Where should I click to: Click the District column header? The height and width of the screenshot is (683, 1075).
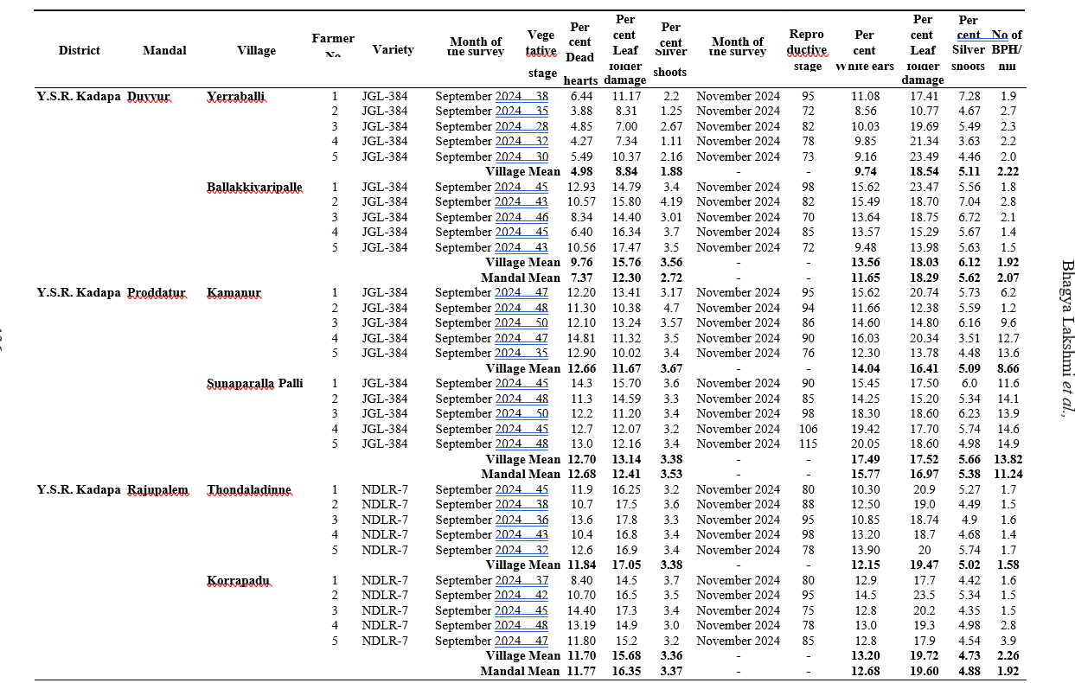coord(80,50)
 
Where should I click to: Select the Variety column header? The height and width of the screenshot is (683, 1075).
coord(393,50)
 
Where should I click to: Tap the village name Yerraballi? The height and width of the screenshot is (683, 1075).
coord(235,96)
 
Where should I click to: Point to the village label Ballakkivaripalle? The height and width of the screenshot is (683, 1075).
coord(254,187)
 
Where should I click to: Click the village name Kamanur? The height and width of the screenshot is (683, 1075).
coord(234,293)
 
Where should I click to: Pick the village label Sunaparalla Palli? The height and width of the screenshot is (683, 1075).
coord(254,383)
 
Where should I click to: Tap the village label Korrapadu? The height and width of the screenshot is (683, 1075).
coord(238,580)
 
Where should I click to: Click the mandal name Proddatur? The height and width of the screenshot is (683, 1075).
coord(157,293)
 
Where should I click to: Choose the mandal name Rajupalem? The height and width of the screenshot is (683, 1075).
coord(157,489)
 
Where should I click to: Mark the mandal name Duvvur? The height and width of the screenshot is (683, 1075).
coord(150,96)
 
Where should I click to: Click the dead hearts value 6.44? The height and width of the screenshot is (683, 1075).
coord(581,96)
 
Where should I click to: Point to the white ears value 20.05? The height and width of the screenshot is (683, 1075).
coord(865,444)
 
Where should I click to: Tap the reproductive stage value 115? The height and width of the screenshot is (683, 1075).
coord(808,444)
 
